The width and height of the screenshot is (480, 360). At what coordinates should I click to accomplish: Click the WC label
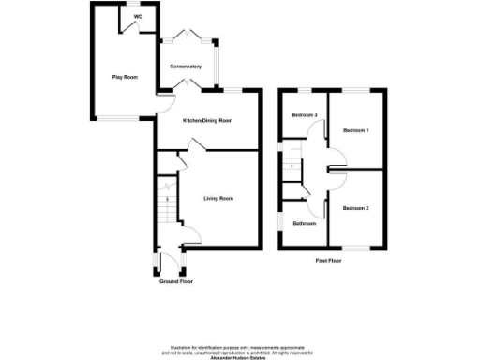(x=138, y=17)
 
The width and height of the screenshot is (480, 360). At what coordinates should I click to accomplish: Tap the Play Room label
(x=125, y=77)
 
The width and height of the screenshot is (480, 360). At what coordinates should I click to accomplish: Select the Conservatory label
(x=186, y=67)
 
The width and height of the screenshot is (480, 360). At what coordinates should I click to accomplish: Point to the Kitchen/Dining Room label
(x=207, y=122)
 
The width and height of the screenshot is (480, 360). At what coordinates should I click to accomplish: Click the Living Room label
(x=219, y=198)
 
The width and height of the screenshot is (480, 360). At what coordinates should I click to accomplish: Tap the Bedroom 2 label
(x=355, y=207)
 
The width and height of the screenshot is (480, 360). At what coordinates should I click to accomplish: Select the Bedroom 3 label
(x=304, y=115)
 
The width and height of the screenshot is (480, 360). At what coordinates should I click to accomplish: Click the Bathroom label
(x=304, y=224)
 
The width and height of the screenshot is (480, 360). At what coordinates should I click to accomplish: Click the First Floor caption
(x=328, y=260)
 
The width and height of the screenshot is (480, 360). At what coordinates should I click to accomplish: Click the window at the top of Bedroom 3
(x=302, y=89)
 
